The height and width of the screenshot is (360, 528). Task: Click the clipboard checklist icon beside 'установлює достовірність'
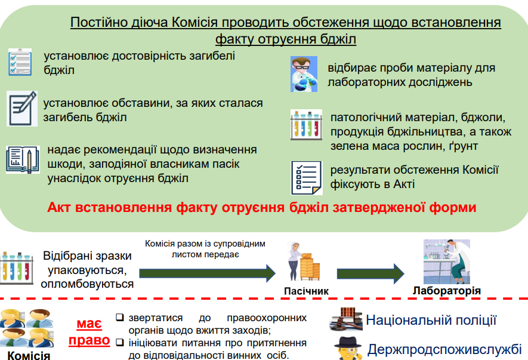[x=20, y=62]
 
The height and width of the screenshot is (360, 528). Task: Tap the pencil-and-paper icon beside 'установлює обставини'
[x=22, y=109]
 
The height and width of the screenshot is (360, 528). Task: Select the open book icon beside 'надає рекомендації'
[x=23, y=160]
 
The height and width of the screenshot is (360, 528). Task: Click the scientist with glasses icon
[x=304, y=74]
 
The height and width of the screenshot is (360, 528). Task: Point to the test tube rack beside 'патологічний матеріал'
[x=306, y=125]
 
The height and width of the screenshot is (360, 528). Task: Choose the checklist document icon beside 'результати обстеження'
[x=307, y=178]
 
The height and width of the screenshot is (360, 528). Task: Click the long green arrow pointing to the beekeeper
[x=208, y=273]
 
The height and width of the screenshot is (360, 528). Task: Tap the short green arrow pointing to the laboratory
[x=370, y=273]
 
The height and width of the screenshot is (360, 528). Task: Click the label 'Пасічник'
[x=306, y=291]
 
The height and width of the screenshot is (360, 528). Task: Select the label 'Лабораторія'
[x=446, y=291]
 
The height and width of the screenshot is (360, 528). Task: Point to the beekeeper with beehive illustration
[x=304, y=261]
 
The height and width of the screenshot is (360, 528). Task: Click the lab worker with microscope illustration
[x=447, y=261]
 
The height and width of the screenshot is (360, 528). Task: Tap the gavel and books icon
[x=346, y=319]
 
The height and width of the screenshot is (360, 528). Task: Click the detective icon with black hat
[x=348, y=348]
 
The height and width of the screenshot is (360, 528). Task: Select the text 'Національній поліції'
[x=431, y=320]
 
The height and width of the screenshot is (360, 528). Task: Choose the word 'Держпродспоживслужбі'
[x=444, y=349]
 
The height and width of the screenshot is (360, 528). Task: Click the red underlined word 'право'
[x=89, y=340]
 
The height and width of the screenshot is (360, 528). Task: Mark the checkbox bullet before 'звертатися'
[x=119, y=318]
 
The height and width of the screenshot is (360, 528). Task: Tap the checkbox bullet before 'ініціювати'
[x=119, y=343]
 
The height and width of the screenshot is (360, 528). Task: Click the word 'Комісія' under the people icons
[x=29, y=355]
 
